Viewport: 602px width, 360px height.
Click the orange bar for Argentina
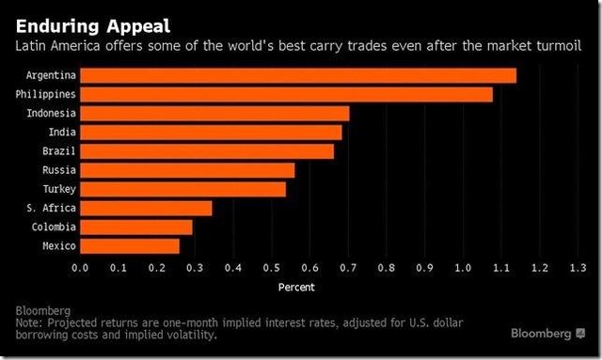(x=298, y=75)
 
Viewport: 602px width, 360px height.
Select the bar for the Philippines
(x=286, y=94)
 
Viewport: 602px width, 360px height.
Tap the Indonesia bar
(x=214, y=114)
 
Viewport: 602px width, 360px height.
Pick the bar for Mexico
(x=130, y=246)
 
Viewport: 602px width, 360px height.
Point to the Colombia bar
(x=136, y=227)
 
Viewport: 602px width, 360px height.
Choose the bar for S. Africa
(x=146, y=209)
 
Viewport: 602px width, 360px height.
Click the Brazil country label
(x=59, y=150)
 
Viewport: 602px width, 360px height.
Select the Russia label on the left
(x=59, y=170)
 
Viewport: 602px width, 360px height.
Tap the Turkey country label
(x=59, y=189)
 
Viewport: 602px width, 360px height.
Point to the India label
(x=62, y=132)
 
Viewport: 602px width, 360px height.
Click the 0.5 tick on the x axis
(x=272, y=268)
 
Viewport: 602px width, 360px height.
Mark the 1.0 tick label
(x=463, y=268)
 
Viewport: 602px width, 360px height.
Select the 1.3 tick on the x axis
(x=578, y=268)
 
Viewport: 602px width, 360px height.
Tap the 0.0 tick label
(x=80, y=268)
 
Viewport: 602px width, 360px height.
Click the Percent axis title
(x=296, y=287)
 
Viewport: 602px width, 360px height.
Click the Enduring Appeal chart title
(x=93, y=26)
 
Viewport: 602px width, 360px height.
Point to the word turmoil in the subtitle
(x=560, y=46)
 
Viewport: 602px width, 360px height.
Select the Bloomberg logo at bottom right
(x=547, y=333)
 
